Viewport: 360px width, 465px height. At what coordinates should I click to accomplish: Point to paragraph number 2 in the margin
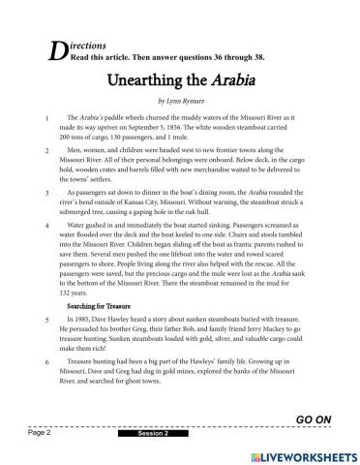coord(46,153)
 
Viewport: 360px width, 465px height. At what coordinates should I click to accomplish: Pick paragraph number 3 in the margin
coord(46,194)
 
